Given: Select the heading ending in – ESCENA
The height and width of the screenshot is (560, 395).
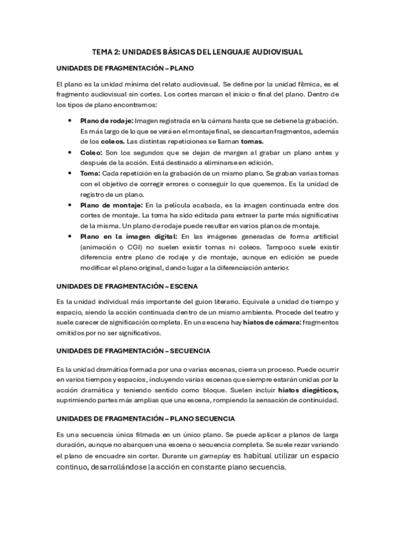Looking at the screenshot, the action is tap(122, 287).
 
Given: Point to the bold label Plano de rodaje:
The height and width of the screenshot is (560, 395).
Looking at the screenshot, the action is tap(106, 120).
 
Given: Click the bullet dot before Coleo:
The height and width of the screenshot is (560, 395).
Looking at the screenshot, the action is tap(71, 153).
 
